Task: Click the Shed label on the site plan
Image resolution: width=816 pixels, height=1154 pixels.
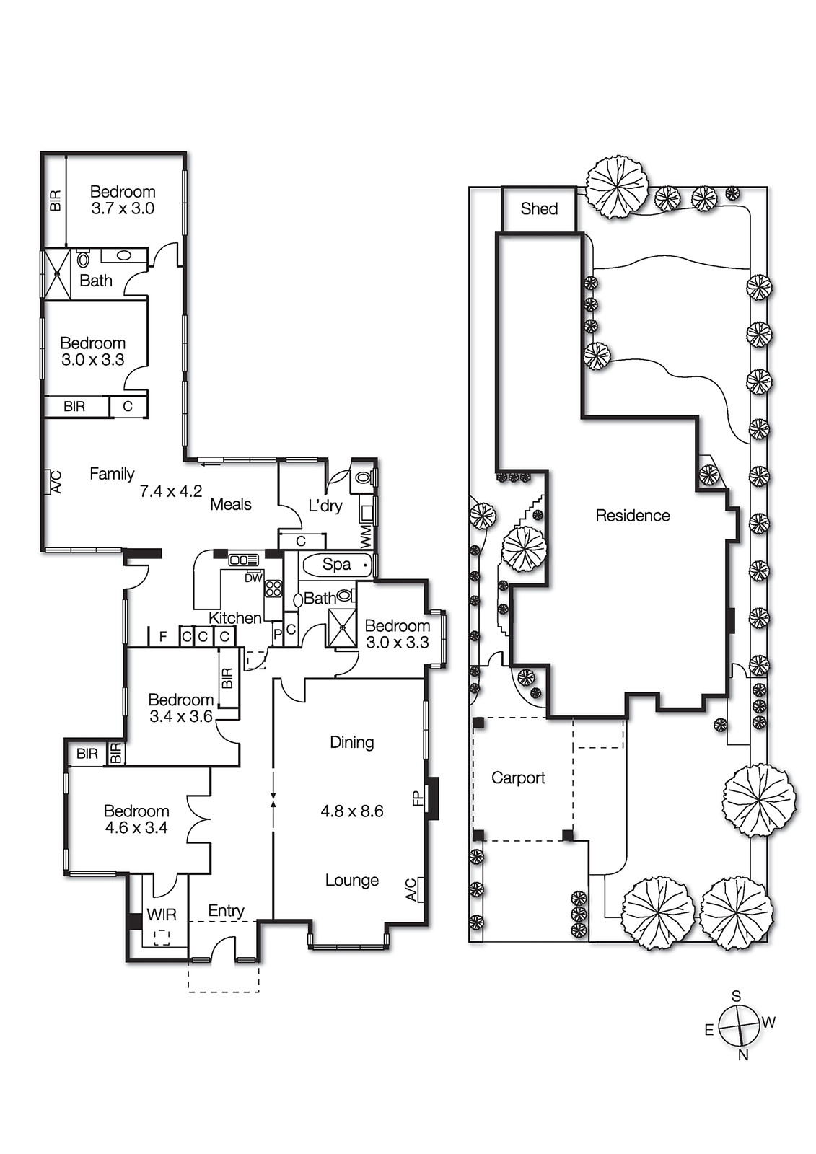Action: click(539, 209)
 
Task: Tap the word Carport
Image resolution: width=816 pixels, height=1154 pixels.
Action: click(518, 778)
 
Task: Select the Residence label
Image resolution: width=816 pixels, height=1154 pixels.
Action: click(632, 516)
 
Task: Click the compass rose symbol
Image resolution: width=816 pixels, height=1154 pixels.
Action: click(740, 1025)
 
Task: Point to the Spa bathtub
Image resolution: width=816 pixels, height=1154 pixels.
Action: click(337, 565)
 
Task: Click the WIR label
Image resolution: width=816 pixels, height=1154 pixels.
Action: click(161, 915)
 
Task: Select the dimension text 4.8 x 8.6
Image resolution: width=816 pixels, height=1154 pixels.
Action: click(351, 811)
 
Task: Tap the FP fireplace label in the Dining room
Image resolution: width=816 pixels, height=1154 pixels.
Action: click(417, 798)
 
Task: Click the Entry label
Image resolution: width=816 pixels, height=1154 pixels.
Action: click(226, 911)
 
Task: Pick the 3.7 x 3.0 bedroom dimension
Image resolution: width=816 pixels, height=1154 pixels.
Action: click(123, 209)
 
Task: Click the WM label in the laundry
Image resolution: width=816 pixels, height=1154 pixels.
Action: click(366, 534)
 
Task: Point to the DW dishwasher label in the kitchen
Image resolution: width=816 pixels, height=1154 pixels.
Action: click(253, 578)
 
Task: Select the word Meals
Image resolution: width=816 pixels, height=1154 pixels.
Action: click(231, 505)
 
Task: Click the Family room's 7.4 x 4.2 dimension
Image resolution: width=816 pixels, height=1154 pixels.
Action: click(170, 492)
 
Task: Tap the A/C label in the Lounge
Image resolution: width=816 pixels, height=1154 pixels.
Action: click(411, 889)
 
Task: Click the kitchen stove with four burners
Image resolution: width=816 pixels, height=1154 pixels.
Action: click(273, 588)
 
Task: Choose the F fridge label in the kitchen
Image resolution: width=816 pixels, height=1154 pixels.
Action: click(163, 637)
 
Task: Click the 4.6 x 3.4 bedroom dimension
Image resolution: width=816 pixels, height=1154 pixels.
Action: click(136, 828)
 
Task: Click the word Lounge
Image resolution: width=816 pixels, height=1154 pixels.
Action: click(351, 880)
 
